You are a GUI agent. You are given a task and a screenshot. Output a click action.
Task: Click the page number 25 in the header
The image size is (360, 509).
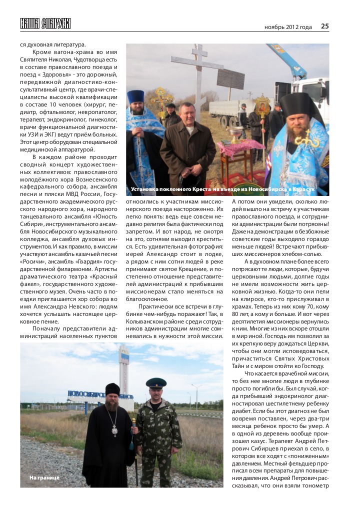pos(324,26)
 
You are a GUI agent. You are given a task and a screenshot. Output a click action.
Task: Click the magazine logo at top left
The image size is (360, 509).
pos(45,23)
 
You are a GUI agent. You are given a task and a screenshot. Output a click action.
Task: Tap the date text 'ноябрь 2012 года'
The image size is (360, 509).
pos(288,27)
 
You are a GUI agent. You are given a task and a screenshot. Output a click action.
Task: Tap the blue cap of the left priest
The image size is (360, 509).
pos(135,96)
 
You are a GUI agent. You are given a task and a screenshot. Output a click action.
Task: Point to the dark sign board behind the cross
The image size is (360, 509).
pos(231,78)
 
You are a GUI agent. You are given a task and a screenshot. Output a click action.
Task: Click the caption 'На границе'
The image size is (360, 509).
pos(44,477)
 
